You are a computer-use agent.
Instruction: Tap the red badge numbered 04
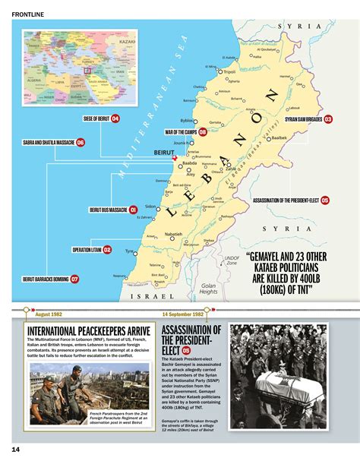pos(115,118)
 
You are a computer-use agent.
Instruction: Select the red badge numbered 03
pos(329,119)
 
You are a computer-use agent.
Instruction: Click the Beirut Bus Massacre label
pos(107,210)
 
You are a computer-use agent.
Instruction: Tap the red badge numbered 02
pos(107,249)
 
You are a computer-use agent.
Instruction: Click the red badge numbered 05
pos(325,200)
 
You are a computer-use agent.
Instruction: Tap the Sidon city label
pos(150,207)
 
